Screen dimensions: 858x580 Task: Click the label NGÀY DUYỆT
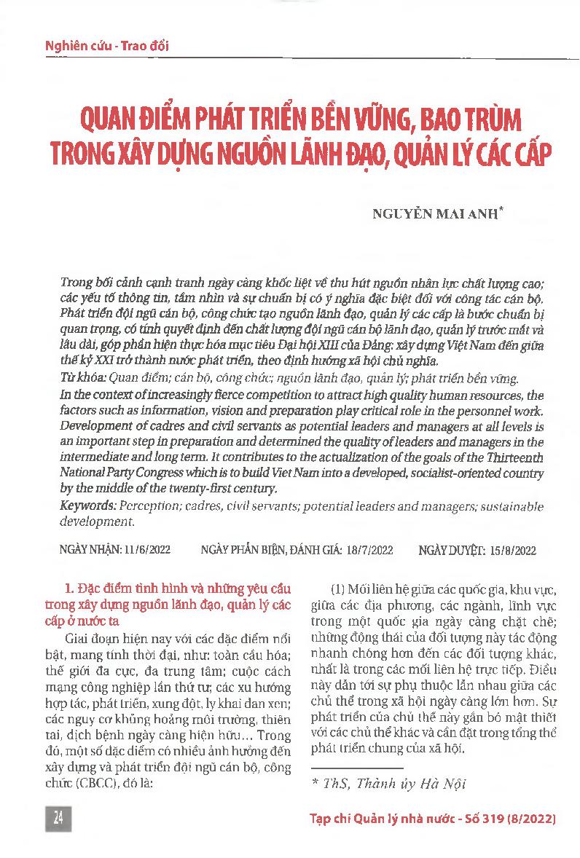click(450, 548)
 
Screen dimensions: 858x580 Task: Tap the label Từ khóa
click(81, 379)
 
